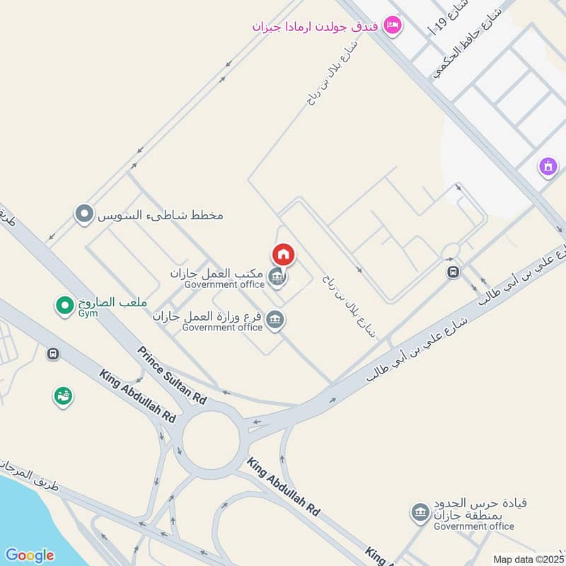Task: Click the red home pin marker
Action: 283,255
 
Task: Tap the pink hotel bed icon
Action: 392,26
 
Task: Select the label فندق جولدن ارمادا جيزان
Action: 316,26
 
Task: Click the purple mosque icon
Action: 547,167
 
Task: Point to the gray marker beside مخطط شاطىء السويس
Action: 84,213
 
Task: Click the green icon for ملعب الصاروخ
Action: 64,306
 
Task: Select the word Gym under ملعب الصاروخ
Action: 88,312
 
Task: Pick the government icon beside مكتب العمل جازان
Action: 278,277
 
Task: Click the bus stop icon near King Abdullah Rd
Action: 52,354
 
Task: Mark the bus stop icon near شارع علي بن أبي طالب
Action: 453,272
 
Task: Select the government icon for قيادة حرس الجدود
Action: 420,511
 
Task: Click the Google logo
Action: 29,555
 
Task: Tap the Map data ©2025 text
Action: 527,559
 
